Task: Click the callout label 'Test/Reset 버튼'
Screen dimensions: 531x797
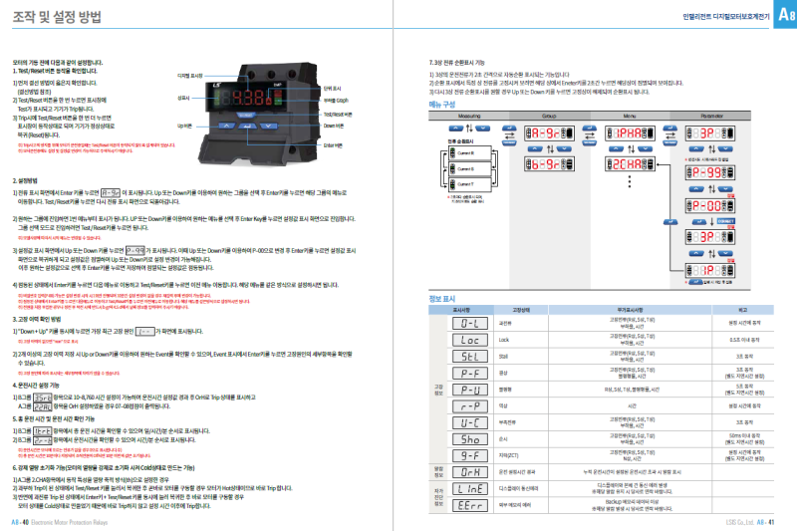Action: tap(337, 114)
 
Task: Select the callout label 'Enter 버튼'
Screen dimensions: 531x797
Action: tap(334, 144)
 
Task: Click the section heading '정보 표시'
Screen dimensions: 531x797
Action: tap(441, 298)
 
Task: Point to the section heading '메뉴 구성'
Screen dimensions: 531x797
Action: tap(442, 104)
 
